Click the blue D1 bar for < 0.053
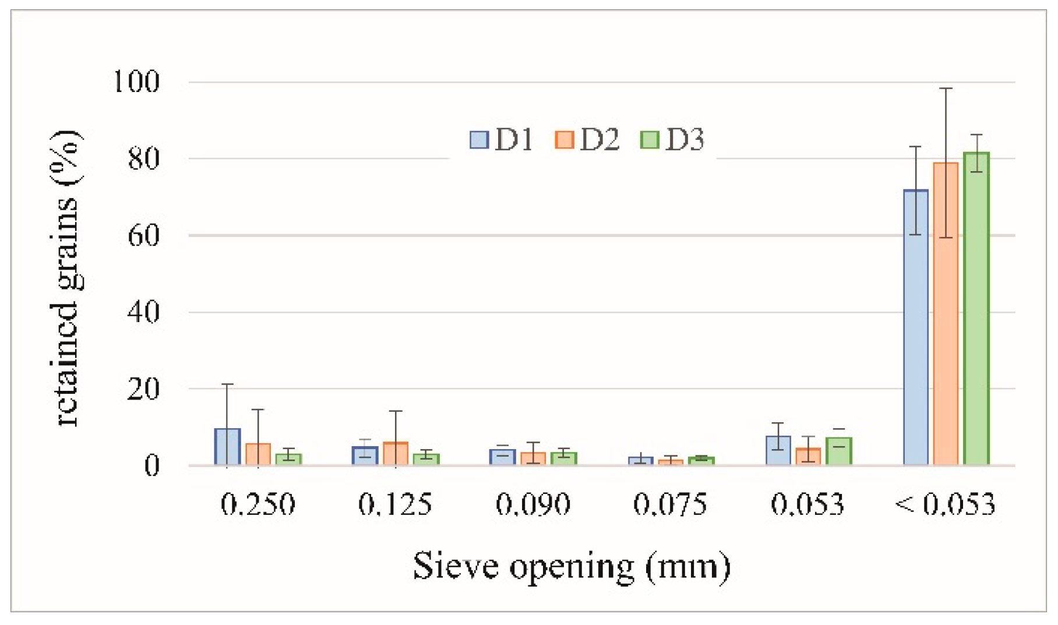(x=916, y=326)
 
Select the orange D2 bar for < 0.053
(x=946, y=315)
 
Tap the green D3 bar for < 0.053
(x=976, y=309)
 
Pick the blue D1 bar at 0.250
(x=227, y=447)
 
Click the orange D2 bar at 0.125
(x=396, y=454)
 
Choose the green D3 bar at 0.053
(x=839, y=451)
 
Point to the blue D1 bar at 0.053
(x=778, y=450)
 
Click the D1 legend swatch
(x=479, y=140)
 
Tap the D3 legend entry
(x=672, y=140)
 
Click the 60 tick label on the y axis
(x=143, y=236)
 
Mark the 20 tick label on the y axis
(x=143, y=389)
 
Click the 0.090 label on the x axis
(x=533, y=504)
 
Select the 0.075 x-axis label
(x=670, y=504)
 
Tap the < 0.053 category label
(x=945, y=504)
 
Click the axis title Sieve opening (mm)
(x=572, y=567)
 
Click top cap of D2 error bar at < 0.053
(x=946, y=89)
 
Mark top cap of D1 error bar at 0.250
(x=227, y=384)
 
